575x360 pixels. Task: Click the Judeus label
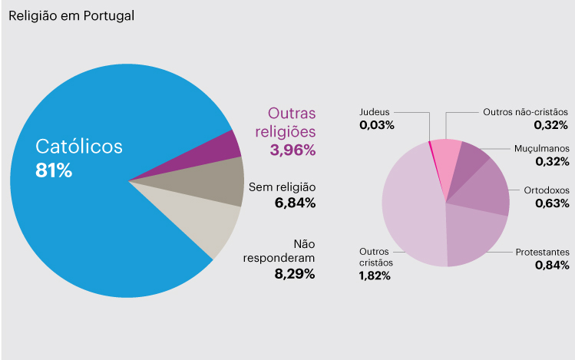375,112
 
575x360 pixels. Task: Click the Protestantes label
541,252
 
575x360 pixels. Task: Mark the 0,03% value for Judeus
377,124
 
